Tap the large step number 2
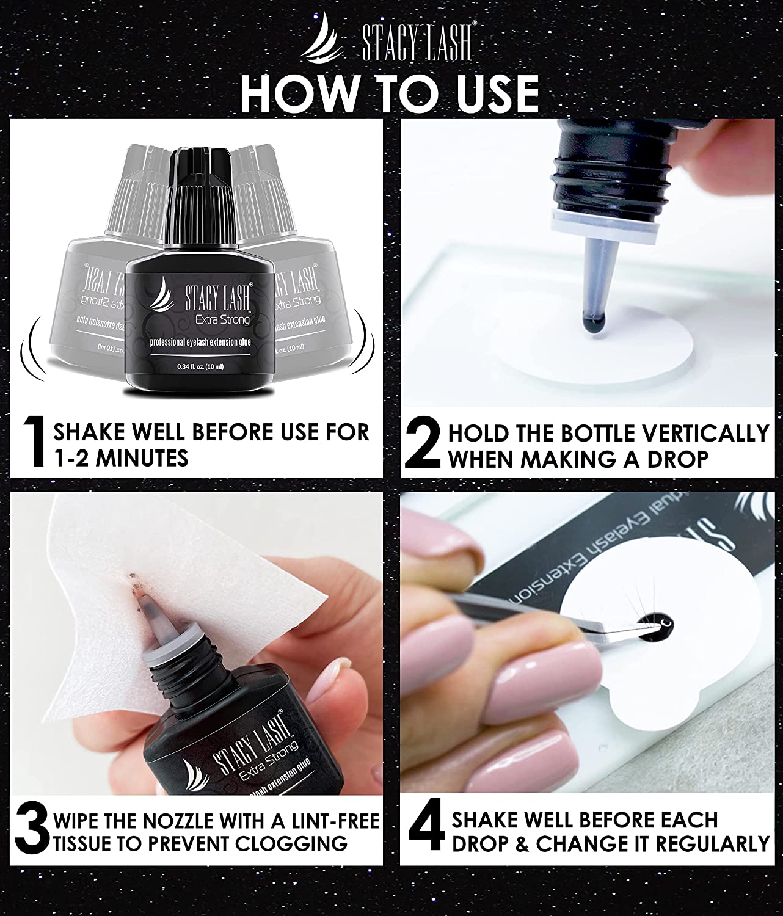[423, 443]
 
